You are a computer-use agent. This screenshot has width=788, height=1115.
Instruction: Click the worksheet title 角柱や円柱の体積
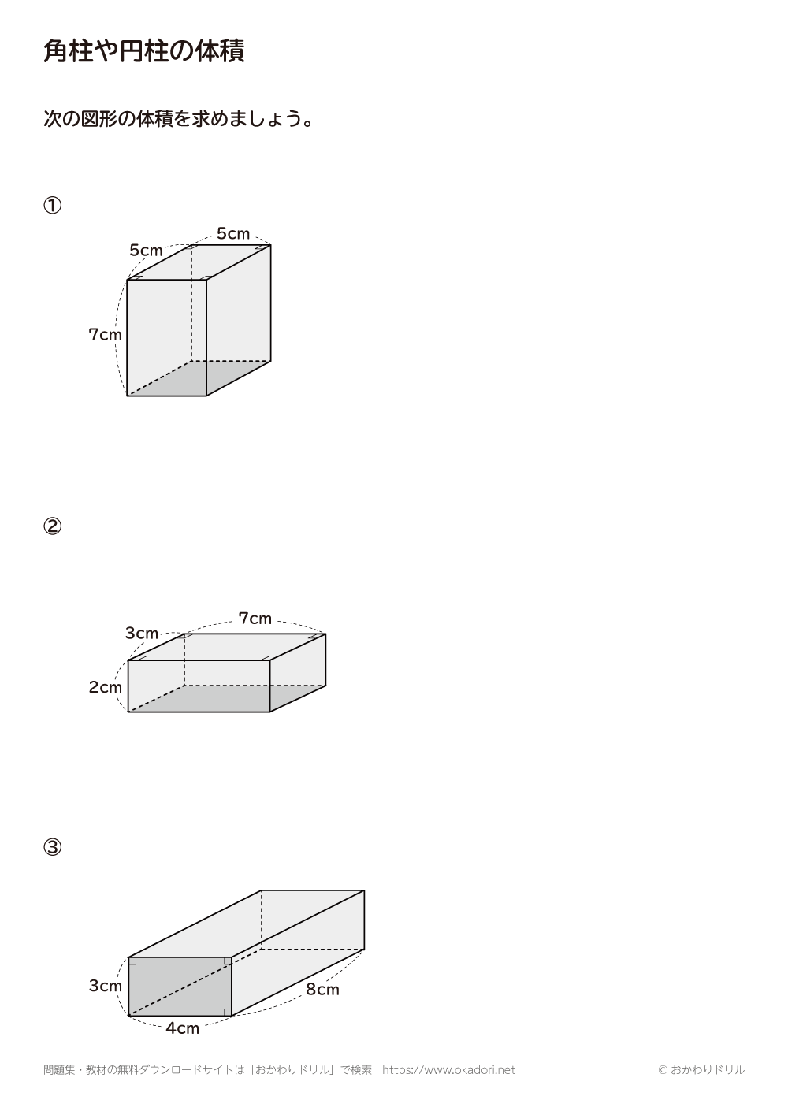(144, 51)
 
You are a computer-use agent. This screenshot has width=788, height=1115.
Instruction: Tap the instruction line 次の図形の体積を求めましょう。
(178, 119)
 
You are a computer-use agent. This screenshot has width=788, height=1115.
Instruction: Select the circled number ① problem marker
(52, 205)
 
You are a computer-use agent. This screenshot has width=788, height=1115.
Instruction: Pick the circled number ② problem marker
(52, 526)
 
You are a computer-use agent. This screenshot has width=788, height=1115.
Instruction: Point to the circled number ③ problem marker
(52, 847)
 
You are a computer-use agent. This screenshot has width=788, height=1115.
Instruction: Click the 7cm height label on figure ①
(105, 334)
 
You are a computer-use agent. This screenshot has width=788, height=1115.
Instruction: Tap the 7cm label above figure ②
(255, 619)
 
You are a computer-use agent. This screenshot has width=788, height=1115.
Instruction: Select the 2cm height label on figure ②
(105, 687)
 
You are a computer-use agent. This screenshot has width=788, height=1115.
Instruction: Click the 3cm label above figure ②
(141, 633)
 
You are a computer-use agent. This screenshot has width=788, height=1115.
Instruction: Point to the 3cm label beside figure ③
(105, 986)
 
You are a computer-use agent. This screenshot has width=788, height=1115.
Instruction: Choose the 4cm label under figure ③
(182, 1028)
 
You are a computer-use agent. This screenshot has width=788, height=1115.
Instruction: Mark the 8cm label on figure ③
(322, 990)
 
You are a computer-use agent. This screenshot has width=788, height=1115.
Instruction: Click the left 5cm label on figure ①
(146, 250)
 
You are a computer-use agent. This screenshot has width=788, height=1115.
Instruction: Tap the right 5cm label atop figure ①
(233, 233)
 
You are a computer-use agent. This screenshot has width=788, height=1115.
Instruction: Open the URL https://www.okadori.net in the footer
(448, 1070)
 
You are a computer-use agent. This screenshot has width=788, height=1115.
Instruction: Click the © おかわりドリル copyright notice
(701, 1070)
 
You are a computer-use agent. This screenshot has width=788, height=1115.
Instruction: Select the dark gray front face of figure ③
(180, 987)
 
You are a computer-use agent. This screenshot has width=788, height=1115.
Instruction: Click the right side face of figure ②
(298, 672)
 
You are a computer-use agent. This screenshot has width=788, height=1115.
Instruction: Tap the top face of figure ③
(247, 924)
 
